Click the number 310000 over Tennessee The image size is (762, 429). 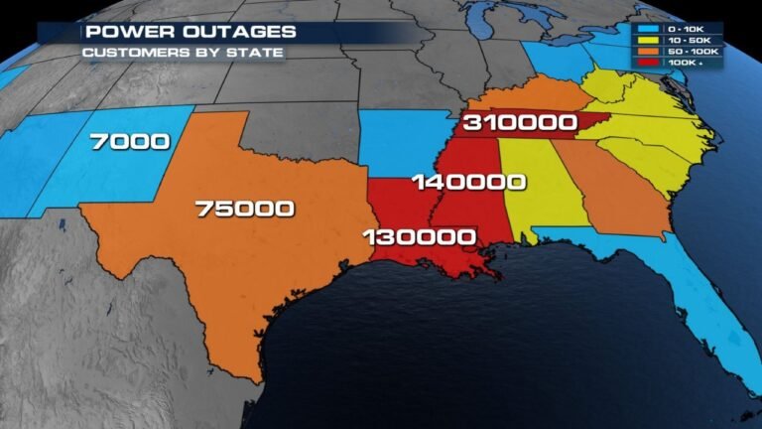[519, 123]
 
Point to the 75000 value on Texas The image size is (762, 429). [244, 208]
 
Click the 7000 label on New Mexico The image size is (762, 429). [129, 142]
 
